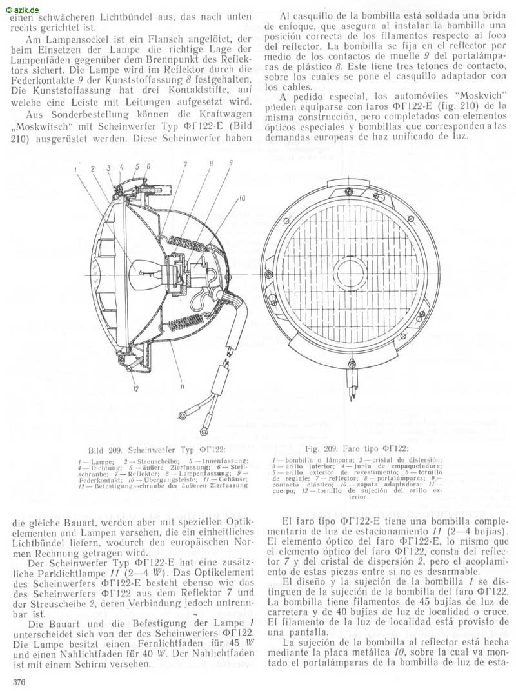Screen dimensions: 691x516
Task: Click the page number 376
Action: click(12, 683)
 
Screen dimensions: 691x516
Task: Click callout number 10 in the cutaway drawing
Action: click(242, 199)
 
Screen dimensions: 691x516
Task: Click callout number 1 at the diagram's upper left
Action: click(76, 169)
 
